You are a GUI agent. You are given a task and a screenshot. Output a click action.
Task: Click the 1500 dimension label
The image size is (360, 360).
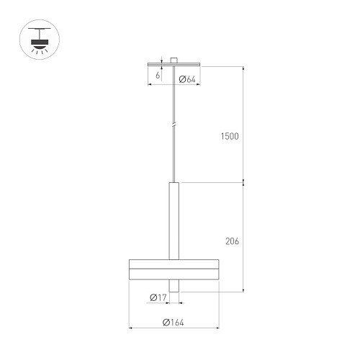pos(230,136)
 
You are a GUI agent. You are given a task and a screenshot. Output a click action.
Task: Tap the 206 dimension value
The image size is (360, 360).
pos(232,241)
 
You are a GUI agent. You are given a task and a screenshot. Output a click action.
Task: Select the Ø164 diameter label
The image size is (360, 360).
pos(173,323)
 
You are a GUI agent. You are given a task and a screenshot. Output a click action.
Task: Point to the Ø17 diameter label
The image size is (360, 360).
pos(158,297)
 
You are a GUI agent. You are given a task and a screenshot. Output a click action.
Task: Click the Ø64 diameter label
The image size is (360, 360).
pos(187,79)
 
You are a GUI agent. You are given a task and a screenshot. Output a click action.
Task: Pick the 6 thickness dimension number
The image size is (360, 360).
pos(158,76)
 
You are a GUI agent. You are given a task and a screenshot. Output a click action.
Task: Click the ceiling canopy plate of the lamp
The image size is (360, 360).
pos(174,64)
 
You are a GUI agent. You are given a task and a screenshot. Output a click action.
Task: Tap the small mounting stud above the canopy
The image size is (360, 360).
pos(174,60)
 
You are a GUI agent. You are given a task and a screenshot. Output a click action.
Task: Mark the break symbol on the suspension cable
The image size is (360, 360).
pos(174,125)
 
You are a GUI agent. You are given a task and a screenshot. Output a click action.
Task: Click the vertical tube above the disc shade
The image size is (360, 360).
pos(174,221)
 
